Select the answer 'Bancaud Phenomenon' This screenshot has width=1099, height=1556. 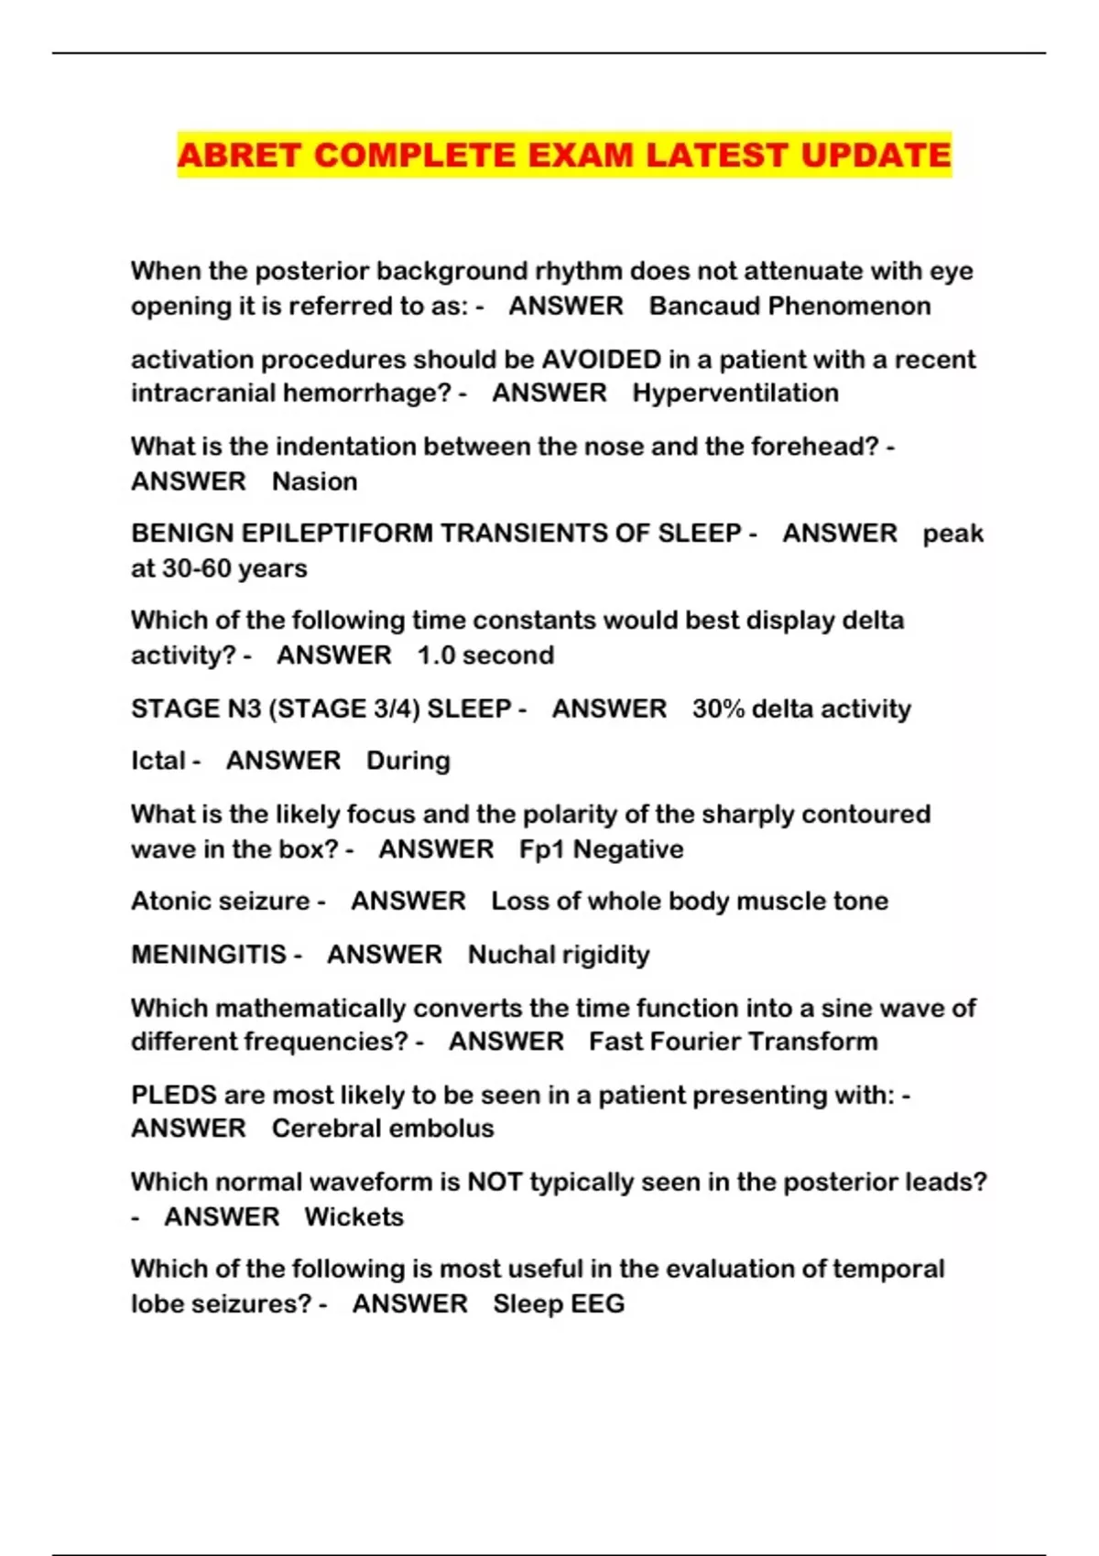tap(789, 306)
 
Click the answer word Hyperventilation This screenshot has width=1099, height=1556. tap(735, 393)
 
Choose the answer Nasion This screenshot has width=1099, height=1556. tap(314, 481)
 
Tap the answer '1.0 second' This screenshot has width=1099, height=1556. tap(485, 655)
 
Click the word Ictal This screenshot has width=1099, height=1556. tap(158, 761)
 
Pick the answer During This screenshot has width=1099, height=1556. tap(408, 761)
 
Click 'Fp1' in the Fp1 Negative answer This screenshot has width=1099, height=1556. tap(541, 849)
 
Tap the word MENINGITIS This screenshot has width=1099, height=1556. tap(209, 955)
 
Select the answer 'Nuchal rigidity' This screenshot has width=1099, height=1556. tap(559, 955)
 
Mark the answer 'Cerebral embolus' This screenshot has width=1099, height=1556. tap(383, 1129)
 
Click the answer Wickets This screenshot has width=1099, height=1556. tap(354, 1216)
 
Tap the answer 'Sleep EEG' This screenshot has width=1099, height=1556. tap(559, 1303)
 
